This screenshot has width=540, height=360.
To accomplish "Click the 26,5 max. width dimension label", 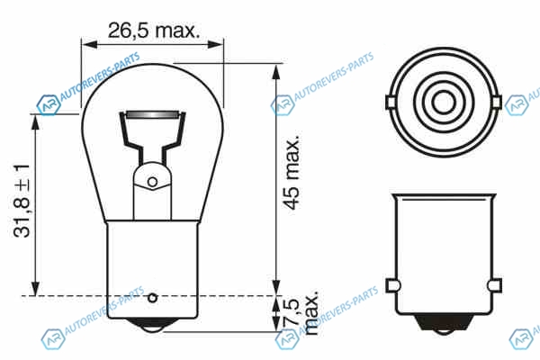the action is point(154,31).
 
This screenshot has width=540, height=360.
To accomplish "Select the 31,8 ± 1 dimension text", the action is point(22,201).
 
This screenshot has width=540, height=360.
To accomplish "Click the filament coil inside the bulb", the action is point(153,114).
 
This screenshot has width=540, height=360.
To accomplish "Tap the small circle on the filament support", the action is point(153,182).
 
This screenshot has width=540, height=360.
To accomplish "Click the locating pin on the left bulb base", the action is point(153,298).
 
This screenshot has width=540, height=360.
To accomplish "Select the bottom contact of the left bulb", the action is point(152,326).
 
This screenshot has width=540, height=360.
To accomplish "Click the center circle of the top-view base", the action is point(444,103).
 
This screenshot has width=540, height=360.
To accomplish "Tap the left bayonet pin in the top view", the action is point(391,103).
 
